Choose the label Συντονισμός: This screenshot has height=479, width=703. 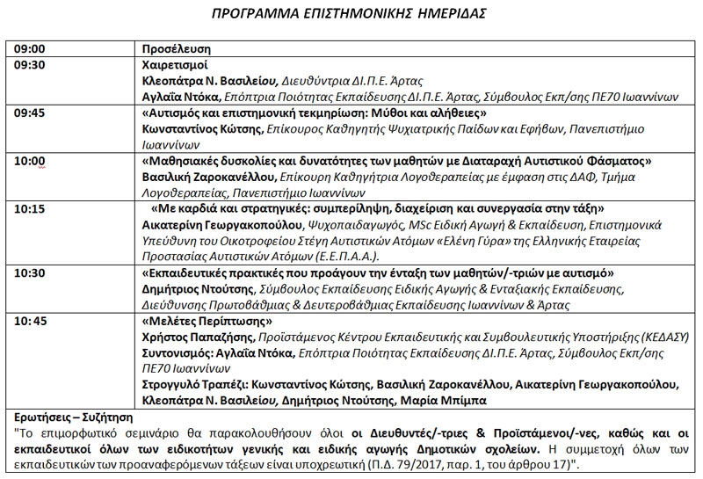click(178, 353)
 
